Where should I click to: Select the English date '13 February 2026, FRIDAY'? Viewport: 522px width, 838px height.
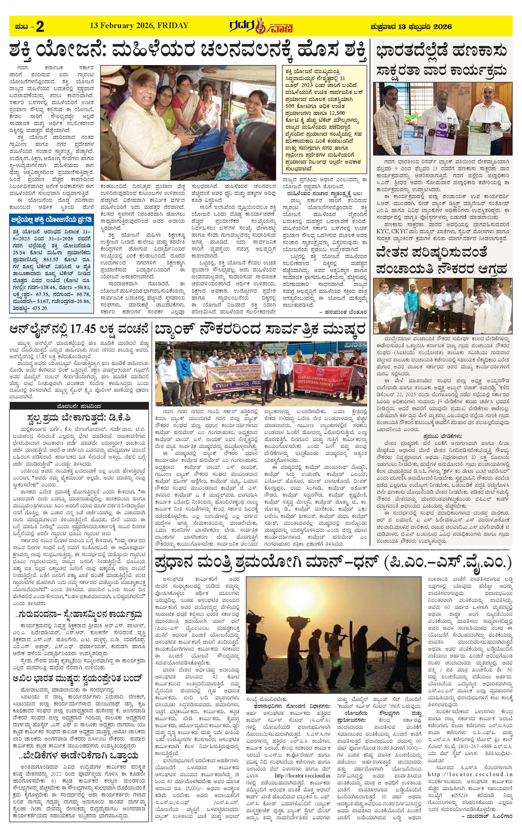139,25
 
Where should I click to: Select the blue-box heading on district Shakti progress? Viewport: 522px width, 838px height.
51,220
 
